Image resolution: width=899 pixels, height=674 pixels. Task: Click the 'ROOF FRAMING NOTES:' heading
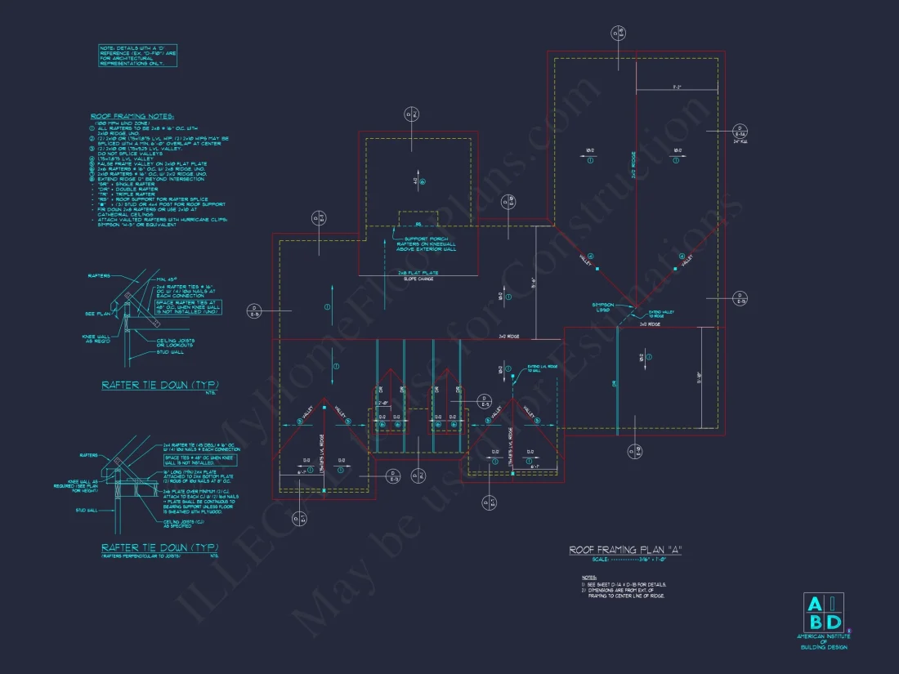132,117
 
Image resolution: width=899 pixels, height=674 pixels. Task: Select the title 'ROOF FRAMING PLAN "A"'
624,550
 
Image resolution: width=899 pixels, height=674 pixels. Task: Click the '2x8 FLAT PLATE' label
419,272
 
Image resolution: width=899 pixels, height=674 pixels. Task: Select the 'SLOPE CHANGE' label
419,279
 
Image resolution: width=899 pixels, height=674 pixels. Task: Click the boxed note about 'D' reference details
137,56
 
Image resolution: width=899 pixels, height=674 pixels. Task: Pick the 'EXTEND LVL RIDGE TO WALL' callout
540,369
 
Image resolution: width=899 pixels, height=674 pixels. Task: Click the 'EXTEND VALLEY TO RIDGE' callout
661,315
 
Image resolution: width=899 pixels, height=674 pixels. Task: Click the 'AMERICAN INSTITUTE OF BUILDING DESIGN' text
824,642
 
